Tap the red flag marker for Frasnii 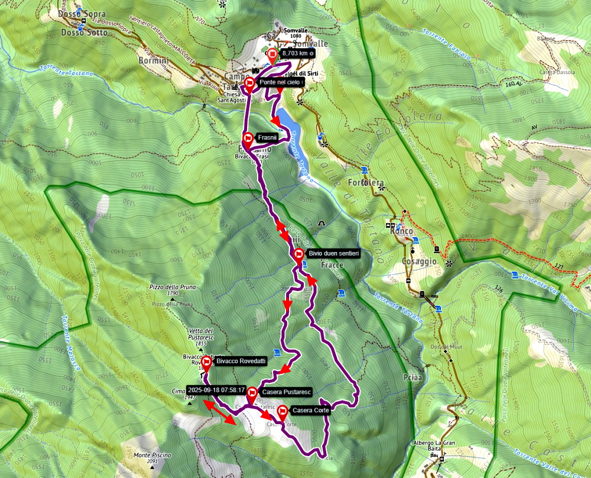[x=249, y=140]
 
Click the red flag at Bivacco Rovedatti [x=207, y=362]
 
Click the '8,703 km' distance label [x=297, y=53]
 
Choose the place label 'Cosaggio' [x=419, y=261]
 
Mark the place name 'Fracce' [x=332, y=266]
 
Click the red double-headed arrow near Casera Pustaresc [x=218, y=412]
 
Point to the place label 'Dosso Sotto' [x=85, y=33]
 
